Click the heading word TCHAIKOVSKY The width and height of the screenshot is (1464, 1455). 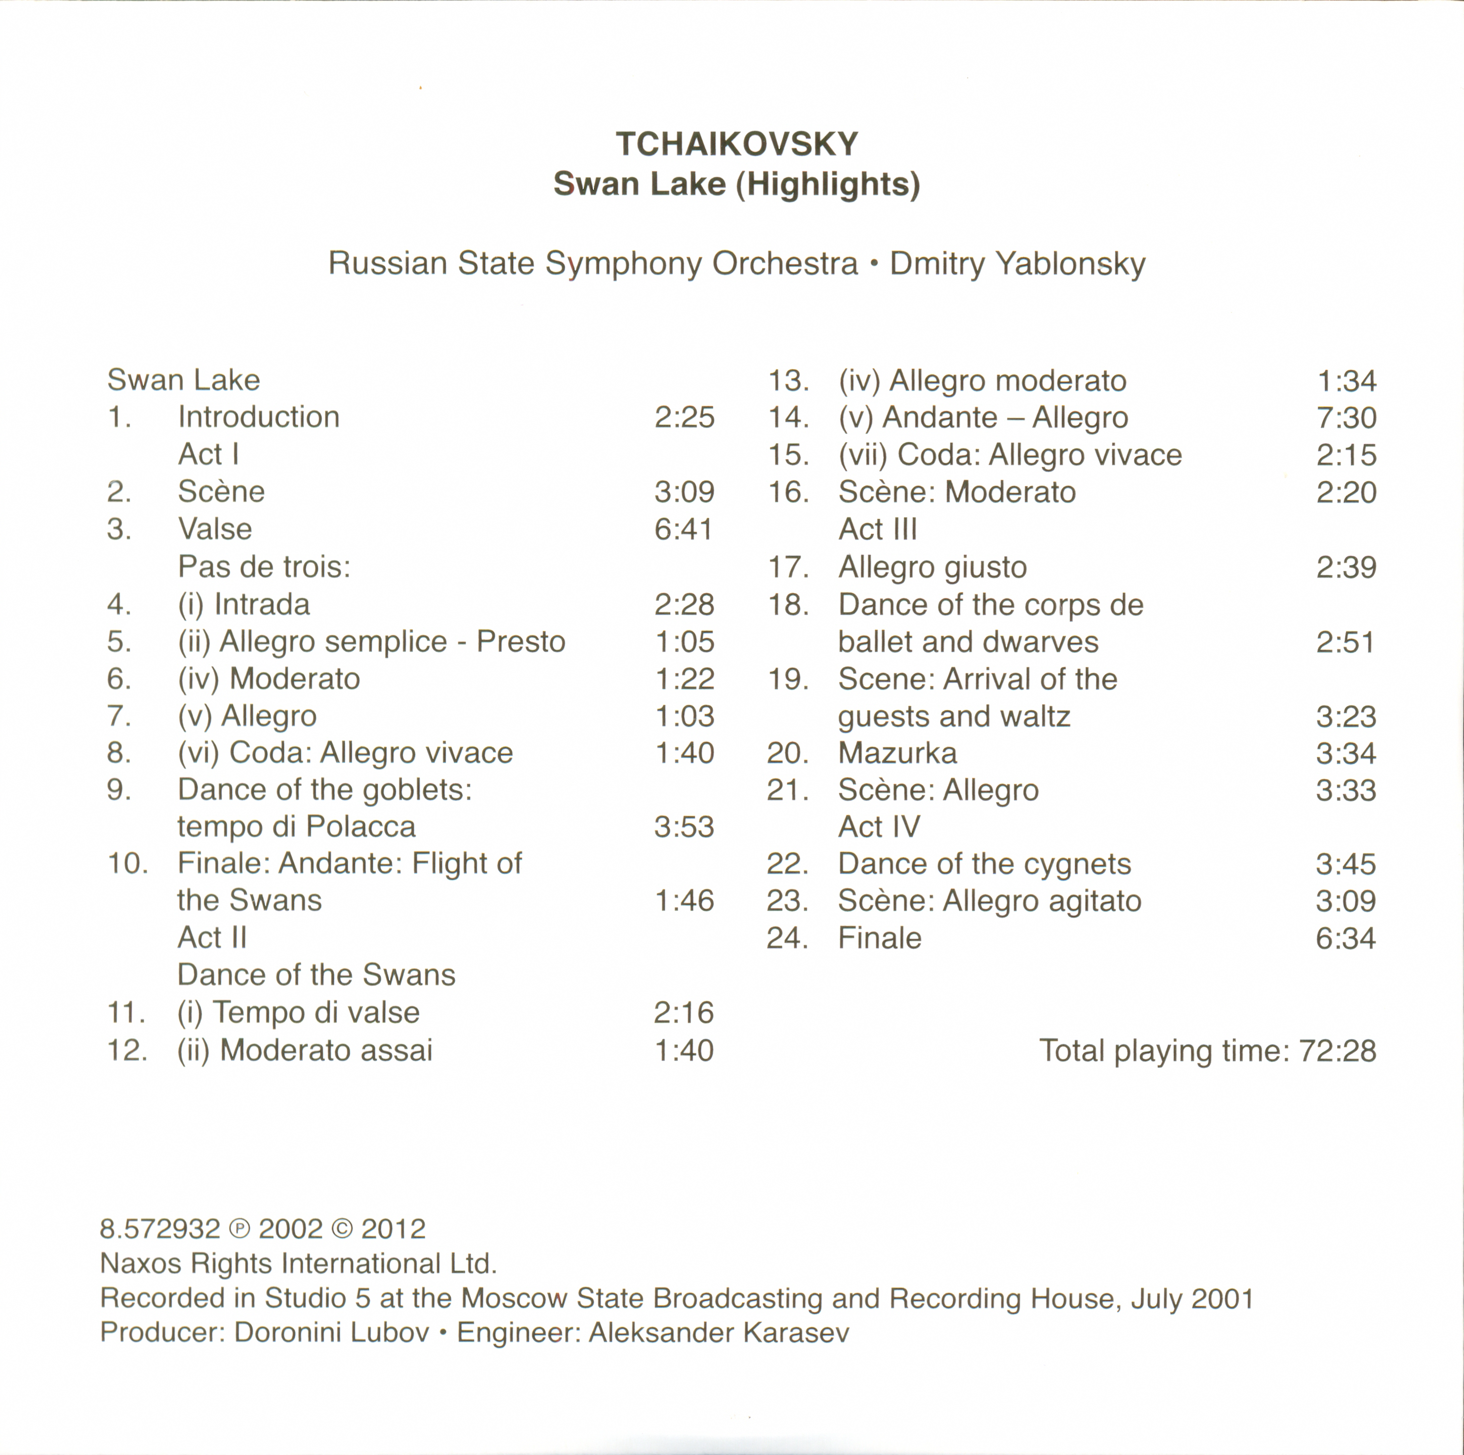[736, 144]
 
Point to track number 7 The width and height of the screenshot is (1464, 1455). [119, 716]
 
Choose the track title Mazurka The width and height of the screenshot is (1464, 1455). [897, 753]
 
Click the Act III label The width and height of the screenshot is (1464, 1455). [878, 529]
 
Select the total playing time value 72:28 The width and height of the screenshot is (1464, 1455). [1337, 1051]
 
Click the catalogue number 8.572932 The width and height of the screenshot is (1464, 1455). [160, 1229]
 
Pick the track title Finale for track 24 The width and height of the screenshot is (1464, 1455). [880, 939]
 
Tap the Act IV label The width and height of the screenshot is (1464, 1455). [879, 827]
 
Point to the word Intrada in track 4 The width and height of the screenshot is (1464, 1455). [261, 604]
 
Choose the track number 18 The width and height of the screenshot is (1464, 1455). [788, 605]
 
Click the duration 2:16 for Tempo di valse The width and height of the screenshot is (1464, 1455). [683, 1013]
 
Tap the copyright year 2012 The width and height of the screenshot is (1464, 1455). [393, 1229]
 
